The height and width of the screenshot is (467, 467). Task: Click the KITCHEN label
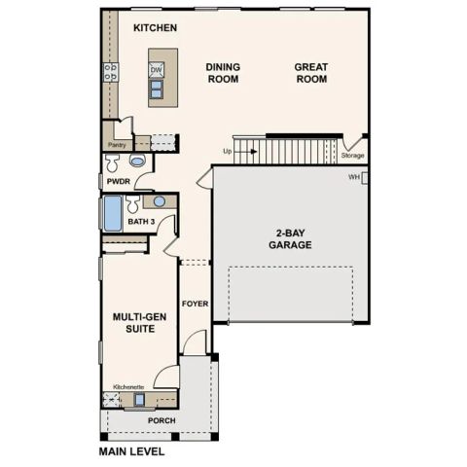point(155,28)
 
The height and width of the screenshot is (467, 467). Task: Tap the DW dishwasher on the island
point(156,70)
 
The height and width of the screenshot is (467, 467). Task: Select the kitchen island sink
point(156,91)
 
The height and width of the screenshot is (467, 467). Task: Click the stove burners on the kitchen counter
point(111,70)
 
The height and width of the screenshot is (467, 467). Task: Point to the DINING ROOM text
point(222,73)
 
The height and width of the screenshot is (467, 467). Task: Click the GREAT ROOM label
point(311,73)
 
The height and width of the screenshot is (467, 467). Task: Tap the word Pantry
point(116,145)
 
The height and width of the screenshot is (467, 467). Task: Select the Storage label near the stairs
point(352,155)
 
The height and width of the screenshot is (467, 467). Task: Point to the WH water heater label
point(354,177)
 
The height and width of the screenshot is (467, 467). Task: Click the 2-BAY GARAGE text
point(292,239)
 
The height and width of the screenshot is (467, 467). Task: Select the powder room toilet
point(137,161)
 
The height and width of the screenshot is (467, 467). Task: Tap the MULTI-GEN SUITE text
point(137,323)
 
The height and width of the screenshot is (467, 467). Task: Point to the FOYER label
point(196,303)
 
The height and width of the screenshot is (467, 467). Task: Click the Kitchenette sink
point(139,399)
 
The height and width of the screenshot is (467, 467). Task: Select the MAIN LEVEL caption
point(132,452)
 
